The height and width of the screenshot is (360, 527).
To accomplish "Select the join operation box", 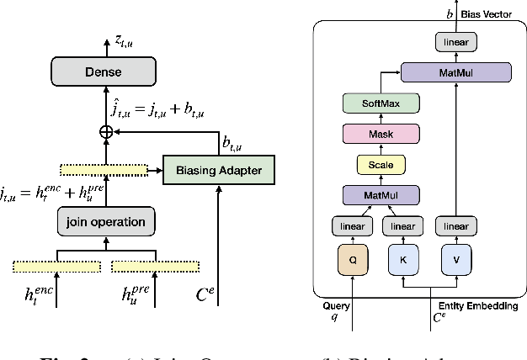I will coord(106,223).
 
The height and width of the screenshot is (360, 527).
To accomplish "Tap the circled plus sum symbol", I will coord(106,133).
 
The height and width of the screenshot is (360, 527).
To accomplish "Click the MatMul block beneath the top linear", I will coord(456,73).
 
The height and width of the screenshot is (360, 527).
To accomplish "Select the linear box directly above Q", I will coord(354,226).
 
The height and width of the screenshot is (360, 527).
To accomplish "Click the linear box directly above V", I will coord(455,226).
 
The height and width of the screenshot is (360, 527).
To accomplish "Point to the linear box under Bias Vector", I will coord(456,40).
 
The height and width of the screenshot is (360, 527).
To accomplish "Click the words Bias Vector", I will coord(488,15).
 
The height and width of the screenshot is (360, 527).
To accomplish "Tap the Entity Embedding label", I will coord(478,306).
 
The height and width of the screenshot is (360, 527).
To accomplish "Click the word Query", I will coord(337,306).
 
